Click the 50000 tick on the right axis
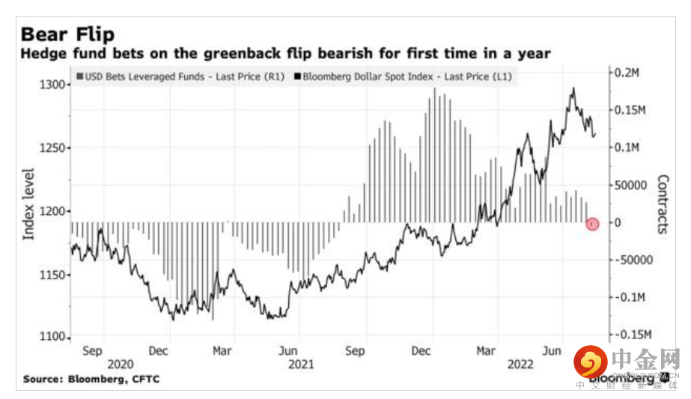coord(631,185)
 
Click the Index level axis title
coord(29,204)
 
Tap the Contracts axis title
coord(663,204)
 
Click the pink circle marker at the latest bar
coord(592,223)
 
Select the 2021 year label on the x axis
coord(301,364)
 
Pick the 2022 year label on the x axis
coord(520,364)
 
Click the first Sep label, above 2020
coord(91,350)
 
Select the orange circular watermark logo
coord(591,362)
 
